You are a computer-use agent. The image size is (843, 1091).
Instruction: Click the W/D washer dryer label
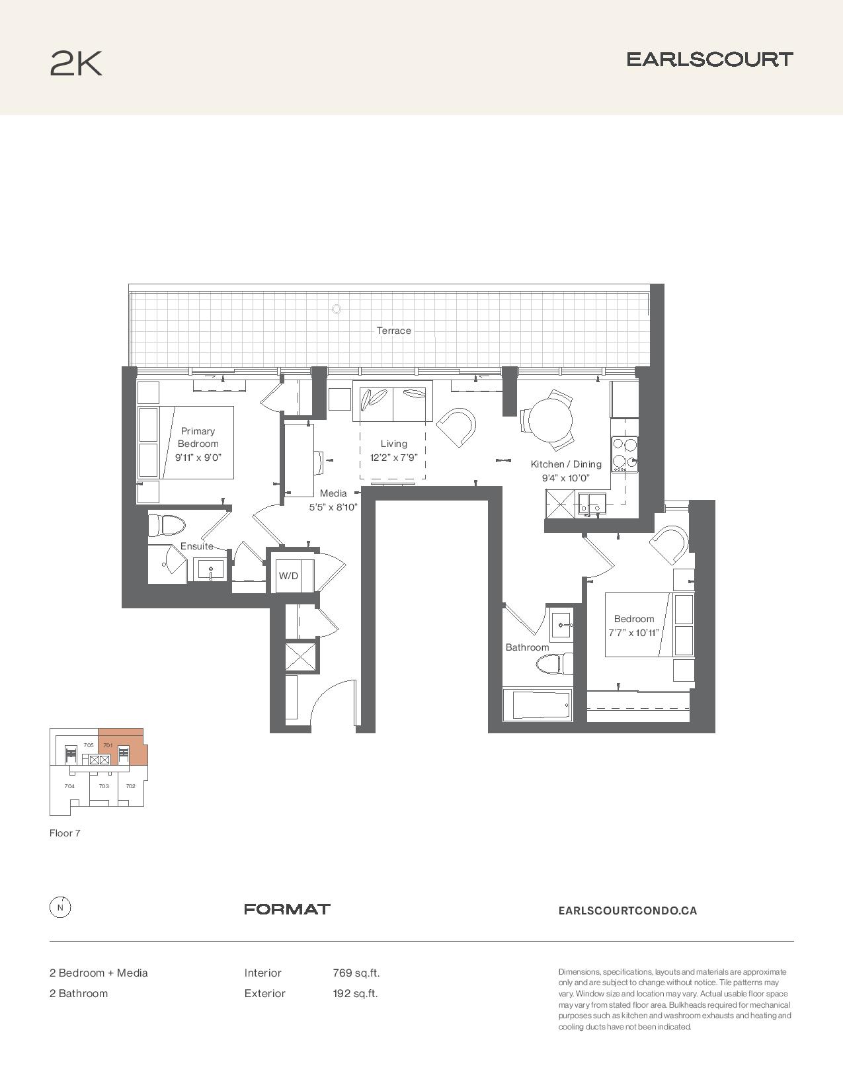288,575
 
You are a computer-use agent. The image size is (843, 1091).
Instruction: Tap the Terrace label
393,331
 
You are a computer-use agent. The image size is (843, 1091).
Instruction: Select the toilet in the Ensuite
167,525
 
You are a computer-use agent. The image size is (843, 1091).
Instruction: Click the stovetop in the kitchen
624,454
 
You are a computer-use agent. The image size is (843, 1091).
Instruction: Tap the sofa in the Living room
392,401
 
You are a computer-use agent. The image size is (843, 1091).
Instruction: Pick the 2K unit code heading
76,63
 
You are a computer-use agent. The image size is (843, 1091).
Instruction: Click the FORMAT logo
287,909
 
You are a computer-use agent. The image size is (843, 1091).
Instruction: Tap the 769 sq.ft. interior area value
356,973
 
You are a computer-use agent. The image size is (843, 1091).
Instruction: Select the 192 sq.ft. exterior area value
355,993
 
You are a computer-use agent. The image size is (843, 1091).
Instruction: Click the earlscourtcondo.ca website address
627,910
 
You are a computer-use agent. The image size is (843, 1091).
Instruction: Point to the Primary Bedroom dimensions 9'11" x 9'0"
198,458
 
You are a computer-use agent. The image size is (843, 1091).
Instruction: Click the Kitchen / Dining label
566,464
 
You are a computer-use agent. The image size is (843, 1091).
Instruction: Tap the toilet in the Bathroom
555,665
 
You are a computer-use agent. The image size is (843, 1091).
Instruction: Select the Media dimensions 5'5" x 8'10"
333,507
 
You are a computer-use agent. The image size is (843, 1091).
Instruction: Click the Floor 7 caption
65,833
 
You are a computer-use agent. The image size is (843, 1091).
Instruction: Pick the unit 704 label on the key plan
69,786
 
